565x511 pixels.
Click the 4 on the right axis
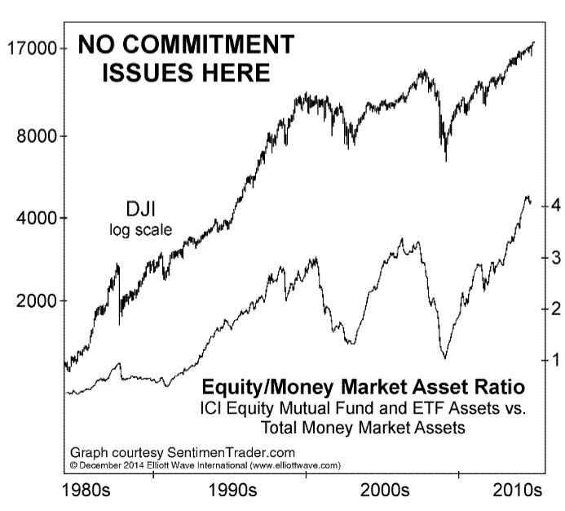coord(554,206)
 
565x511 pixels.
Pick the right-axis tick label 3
coord(554,257)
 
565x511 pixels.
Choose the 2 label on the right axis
coord(554,309)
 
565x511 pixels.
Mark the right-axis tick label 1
coord(554,359)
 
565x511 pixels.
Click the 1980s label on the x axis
coord(90,491)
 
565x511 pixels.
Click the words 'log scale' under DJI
coord(140,230)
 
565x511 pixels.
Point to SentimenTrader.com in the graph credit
coord(230,452)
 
